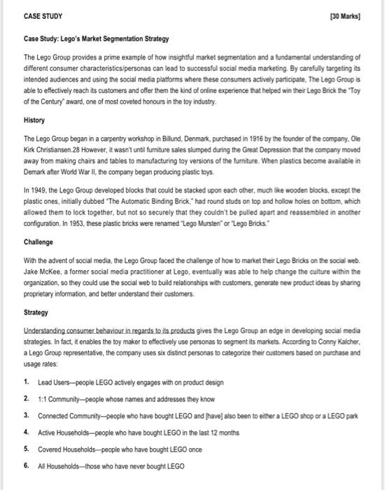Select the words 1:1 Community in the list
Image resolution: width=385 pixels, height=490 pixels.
pyautogui.click(x=62, y=398)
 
